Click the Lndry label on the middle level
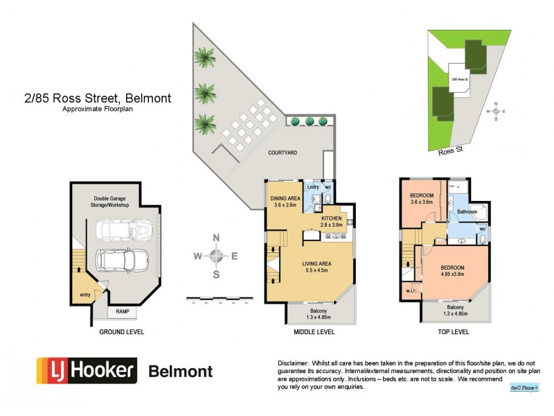[x=312, y=187]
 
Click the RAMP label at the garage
[x=123, y=311]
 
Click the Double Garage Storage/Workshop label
[x=116, y=202]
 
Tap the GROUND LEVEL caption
[x=120, y=332]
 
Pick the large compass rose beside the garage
[x=217, y=256]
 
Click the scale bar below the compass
[x=219, y=300]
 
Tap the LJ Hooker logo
[x=86, y=370]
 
